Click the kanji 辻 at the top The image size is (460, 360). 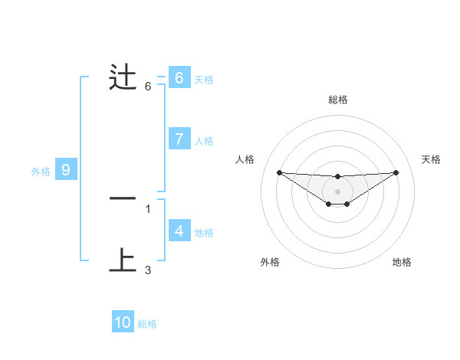[123, 78]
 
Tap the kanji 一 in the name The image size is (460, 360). [123, 198]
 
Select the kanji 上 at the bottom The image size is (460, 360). [123, 260]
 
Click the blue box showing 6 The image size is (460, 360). [179, 78]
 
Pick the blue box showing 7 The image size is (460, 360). [179, 139]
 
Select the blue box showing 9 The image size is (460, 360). [66, 170]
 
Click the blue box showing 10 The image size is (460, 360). [123, 322]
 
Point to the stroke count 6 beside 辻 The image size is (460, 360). [148, 87]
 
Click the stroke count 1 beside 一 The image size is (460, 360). [148, 208]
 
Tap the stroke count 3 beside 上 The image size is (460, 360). [148, 270]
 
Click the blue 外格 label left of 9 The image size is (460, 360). [41, 172]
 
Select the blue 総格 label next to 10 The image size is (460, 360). [147, 324]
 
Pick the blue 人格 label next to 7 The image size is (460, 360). [204, 141]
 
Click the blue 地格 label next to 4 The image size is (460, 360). [204, 232]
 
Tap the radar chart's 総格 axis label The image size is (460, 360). [337, 100]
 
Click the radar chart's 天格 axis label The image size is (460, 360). [431, 159]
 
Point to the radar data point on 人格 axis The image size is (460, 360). [279, 172]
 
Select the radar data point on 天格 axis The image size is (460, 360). [396, 172]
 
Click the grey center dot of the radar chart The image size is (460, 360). [337, 191]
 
